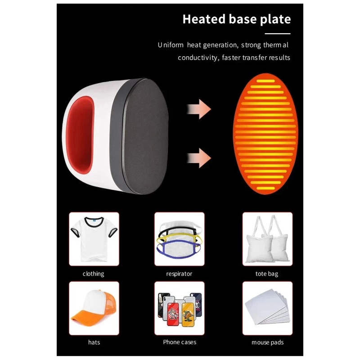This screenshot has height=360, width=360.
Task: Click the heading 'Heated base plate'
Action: (x=236, y=19)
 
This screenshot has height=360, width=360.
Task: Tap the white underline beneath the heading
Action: (x=277, y=34)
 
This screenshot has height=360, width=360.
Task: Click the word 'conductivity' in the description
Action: (x=196, y=58)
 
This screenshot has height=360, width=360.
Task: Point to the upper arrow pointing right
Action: (x=199, y=108)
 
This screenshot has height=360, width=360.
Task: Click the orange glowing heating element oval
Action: (x=265, y=134)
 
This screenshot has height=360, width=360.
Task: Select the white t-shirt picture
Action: (x=94, y=239)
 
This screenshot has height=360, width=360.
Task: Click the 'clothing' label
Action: (x=94, y=274)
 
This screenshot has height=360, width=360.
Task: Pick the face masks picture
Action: (x=179, y=239)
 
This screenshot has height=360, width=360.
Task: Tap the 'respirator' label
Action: (x=179, y=274)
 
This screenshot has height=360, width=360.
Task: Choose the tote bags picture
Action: (x=267, y=239)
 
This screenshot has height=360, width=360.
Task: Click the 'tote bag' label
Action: (x=267, y=274)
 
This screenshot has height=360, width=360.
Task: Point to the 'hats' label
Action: (x=94, y=342)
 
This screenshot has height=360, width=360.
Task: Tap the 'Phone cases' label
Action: (x=180, y=342)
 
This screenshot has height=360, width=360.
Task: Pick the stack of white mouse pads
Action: (x=267, y=308)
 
